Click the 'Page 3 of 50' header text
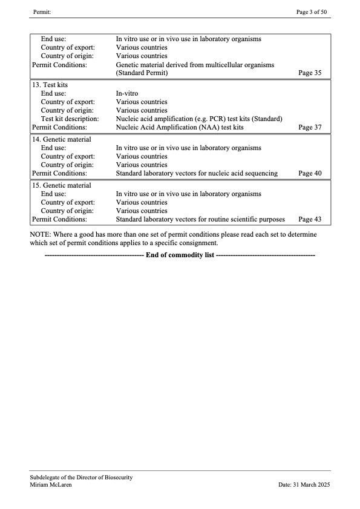click(x=313, y=12)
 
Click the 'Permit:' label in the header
click(x=42, y=12)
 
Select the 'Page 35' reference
click(x=310, y=73)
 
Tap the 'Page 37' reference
click(x=310, y=128)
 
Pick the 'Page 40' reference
click(x=310, y=173)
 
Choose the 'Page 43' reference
click(x=310, y=219)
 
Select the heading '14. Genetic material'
click(x=61, y=140)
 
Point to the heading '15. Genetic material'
click(x=61, y=185)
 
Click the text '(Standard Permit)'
click(x=142, y=73)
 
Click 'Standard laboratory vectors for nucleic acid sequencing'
click(x=197, y=173)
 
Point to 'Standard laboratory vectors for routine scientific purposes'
click(x=200, y=219)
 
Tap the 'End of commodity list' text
click(x=180, y=255)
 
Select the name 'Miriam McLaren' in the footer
click(x=51, y=485)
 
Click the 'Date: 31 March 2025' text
click(x=304, y=485)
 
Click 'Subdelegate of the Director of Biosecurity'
click(x=81, y=478)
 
